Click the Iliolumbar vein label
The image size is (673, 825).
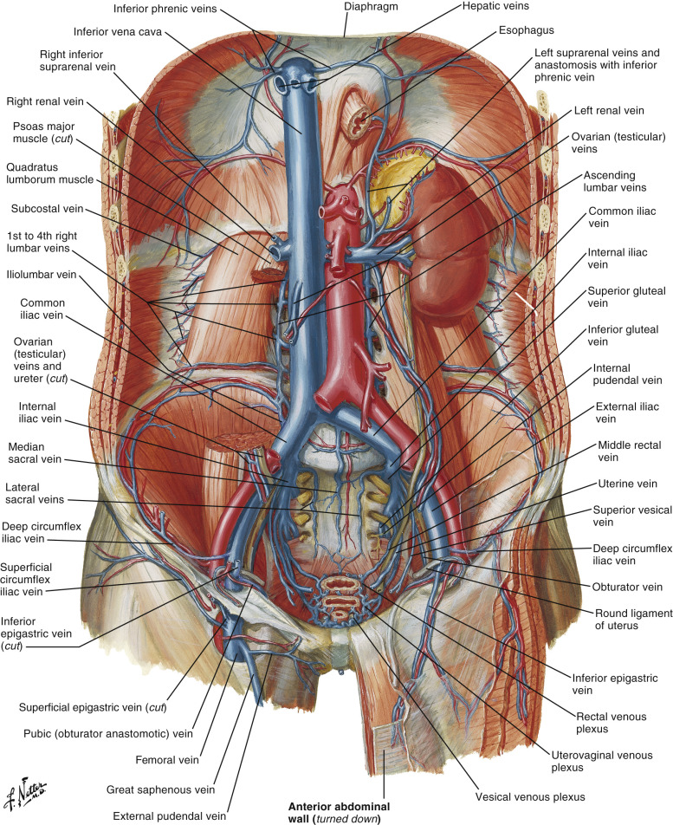tap(41, 275)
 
